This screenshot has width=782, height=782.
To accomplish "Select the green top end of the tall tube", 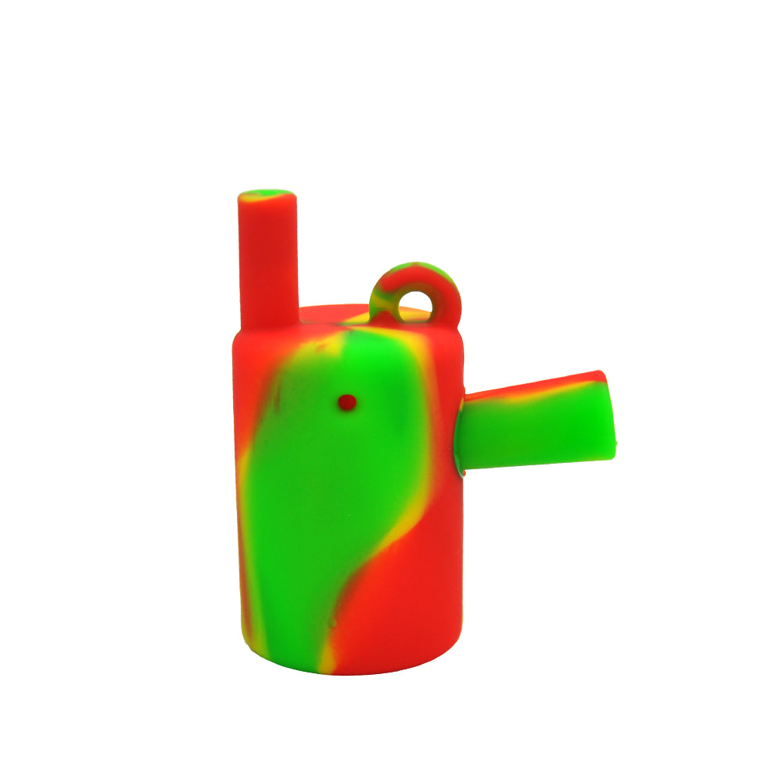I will click(x=267, y=195).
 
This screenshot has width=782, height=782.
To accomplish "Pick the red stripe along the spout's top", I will click(x=540, y=386).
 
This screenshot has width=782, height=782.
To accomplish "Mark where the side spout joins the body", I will click(x=461, y=434).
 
